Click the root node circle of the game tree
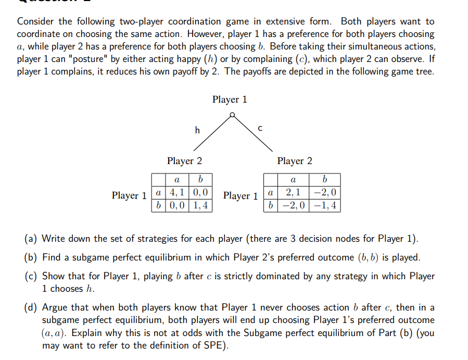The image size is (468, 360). pyautogui.click(x=232, y=114)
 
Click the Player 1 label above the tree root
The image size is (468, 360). pyautogui.click(x=230, y=99)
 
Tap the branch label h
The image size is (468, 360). pyautogui.click(x=197, y=130)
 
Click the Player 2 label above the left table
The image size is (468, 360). pyautogui.click(x=184, y=161)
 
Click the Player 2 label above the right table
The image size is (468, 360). pyautogui.click(x=295, y=161)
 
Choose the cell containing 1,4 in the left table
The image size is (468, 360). pyautogui.click(x=200, y=205)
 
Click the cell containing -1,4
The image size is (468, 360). pyautogui.click(x=325, y=205)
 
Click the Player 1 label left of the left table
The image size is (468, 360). pyautogui.click(x=129, y=196)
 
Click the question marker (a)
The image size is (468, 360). pyautogui.click(x=31, y=239)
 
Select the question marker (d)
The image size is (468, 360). pyautogui.click(x=31, y=307)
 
